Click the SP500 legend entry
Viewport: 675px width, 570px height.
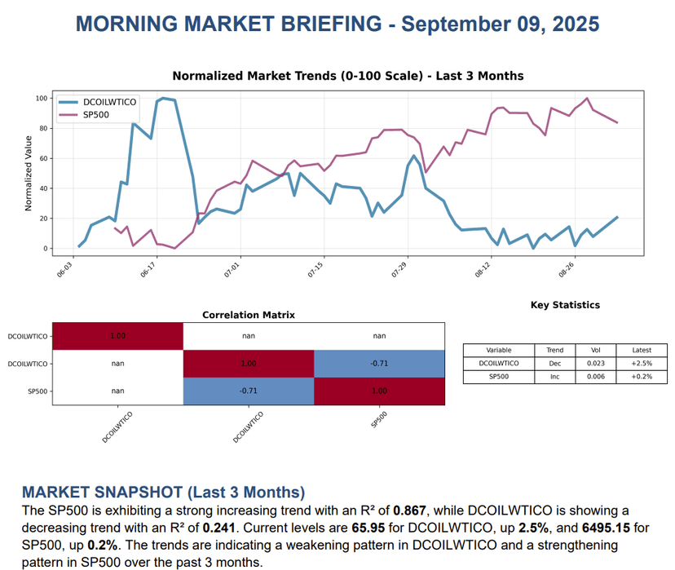(96, 115)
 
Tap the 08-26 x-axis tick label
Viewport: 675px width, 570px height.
(566, 269)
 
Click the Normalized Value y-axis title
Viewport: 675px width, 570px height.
(29, 173)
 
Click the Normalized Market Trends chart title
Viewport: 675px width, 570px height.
(348, 76)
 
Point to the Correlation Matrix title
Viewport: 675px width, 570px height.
(249, 315)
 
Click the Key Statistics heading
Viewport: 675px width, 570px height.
(564, 305)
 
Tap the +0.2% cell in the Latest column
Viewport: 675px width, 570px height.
(641, 376)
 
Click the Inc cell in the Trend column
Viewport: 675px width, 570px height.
(554, 376)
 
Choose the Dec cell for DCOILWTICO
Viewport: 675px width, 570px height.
(554, 363)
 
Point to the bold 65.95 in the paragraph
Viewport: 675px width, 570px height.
(369, 527)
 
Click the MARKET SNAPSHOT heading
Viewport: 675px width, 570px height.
(163, 492)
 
